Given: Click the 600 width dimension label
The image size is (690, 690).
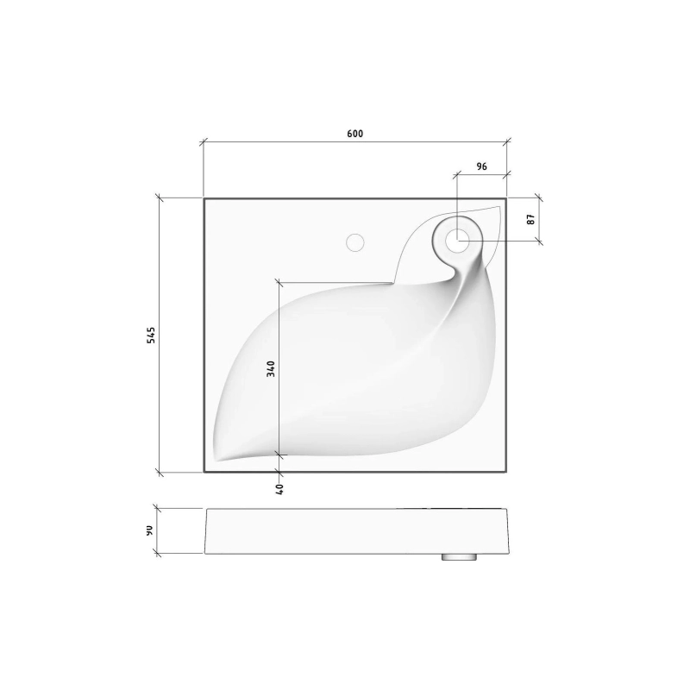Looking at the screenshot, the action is pyautogui.click(x=355, y=134).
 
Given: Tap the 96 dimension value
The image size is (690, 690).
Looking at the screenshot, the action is pyautogui.click(x=482, y=166).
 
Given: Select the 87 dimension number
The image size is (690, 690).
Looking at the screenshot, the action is pyautogui.click(x=531, y=219).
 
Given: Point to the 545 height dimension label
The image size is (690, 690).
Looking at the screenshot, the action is pyautogui.click(x=151, y=336).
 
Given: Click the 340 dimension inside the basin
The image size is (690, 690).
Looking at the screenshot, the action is pyautogui.click(x=271, y=369).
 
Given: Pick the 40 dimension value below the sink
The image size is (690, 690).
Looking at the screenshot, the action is pyautogui.click(x=279, y=489).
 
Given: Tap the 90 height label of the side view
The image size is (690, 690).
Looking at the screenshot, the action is pyautogui.click(x=149, y=530).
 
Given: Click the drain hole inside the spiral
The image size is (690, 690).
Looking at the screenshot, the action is pyautogui.click(x=457, y=241).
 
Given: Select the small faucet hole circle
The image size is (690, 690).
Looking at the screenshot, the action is pyautogui.click(x=355, y=242).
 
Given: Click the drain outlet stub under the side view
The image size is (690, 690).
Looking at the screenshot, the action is pyautogui.click(x=460, y=557).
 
